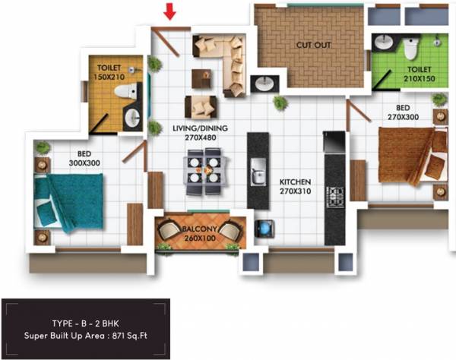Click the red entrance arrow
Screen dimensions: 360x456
[x=170, y=11]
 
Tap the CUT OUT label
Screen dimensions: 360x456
[x=313, y=45]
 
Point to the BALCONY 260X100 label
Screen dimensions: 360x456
[x=199, y=232]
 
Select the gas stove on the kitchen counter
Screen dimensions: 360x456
[x=334, y=197]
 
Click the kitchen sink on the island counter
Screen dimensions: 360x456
[x=258, y=169]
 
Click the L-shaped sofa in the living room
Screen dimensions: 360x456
[x=221, y=57]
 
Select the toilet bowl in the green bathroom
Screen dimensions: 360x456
[x=411, y=49]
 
